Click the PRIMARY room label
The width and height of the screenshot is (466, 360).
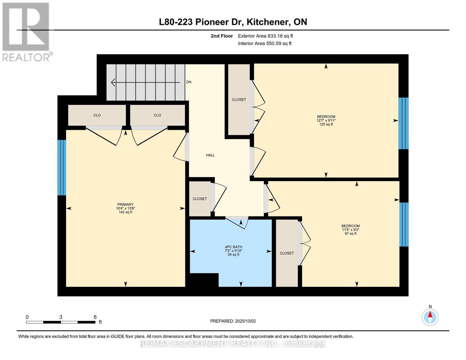tap(125, 205)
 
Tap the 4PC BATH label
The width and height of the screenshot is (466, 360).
tap(233, 247)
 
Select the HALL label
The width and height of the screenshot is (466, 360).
tap(210, 155)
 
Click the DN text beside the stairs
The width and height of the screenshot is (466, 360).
tap(189, 82)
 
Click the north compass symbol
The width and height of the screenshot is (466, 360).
tap(430, 317)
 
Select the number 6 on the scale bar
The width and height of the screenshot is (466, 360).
tap(95, 317)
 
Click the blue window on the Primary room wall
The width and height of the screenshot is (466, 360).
tap(62, 167)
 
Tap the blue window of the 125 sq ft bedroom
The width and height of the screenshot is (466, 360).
tap(403, 123)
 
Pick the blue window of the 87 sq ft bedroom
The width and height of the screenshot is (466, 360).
tap(404, 224)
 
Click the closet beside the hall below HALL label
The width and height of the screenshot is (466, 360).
tap(200, 199)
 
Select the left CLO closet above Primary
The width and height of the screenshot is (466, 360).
tap(97, 115)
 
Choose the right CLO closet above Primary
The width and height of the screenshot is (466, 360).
tap(158, 115)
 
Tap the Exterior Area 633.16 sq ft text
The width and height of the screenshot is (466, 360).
tap(265, 36)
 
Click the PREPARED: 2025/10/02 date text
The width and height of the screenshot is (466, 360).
tap(233, 321)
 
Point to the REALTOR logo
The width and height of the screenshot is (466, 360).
tap(26, 31)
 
